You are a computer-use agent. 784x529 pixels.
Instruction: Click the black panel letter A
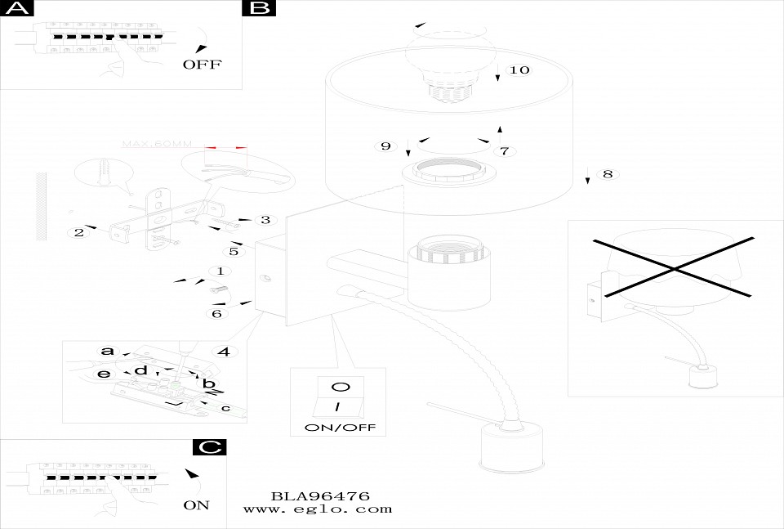click(x=17, y=8)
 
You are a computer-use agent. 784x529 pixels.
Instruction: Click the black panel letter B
click(x=259, y=8)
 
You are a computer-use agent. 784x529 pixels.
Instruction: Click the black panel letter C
click(x=210, y=447)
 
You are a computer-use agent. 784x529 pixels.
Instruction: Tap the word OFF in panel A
click(x=202, y=65)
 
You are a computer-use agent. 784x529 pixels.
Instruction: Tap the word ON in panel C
click(x=196, y=504)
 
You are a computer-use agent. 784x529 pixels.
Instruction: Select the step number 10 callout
click(x=519, y=69)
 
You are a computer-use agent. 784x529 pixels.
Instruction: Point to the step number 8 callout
click(x=607, y=174)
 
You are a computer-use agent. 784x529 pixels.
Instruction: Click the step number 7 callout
click(x=504, y=151)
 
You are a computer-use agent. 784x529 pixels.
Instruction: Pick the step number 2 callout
click(x=79, y=232)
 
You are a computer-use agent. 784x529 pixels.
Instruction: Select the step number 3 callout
click(x=264, y=220)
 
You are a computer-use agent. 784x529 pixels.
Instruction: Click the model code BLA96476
click(x=320, y=496)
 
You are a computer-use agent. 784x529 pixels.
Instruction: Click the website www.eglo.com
click(x=318, y=509)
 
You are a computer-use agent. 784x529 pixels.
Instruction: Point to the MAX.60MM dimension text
click(x=157, y=144)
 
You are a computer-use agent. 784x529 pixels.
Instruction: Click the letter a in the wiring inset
click(x=107, y=351)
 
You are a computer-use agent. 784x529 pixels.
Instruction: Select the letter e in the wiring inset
click(x=103, y=374)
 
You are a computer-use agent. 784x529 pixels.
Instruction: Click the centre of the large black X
click(x=673, y=267)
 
